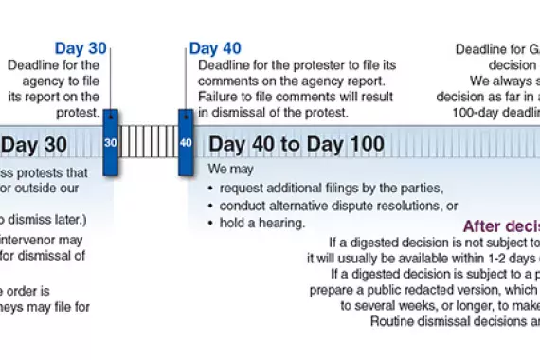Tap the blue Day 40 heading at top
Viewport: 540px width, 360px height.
(x=215, y=48)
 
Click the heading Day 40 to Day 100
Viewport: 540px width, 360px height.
(x=297, y=145)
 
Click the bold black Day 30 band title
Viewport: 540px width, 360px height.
(x=34, y=145)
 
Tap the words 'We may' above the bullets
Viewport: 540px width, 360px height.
(x=228, y=171)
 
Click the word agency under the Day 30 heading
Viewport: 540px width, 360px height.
(x=39, y=81)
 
